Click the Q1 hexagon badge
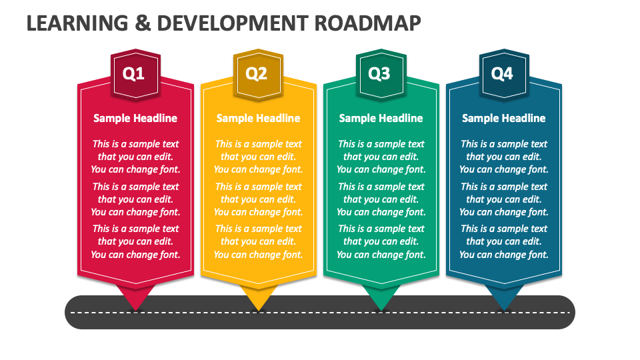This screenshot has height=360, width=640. point(135,74)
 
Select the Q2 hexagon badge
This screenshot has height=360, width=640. point(259,74)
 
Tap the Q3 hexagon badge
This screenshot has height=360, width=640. point(381,74)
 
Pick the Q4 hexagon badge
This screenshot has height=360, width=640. point(504,74)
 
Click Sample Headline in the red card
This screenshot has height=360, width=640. point(135,119)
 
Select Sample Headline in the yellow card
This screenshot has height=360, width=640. point(259,119)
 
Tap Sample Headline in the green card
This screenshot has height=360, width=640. point(381,119)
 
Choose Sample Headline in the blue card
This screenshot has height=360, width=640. point(504,119)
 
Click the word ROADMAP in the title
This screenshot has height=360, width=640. point(367,23)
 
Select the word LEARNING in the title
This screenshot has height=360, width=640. point(77,23)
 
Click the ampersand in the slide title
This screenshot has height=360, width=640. point(143,23)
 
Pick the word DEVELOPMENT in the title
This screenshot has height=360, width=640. point(232,23)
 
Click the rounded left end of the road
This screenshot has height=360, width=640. point(73,312)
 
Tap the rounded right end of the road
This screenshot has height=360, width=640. point(567,312)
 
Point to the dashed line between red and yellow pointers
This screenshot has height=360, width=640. point(197,313)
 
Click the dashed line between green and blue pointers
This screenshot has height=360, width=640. point(443,313)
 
